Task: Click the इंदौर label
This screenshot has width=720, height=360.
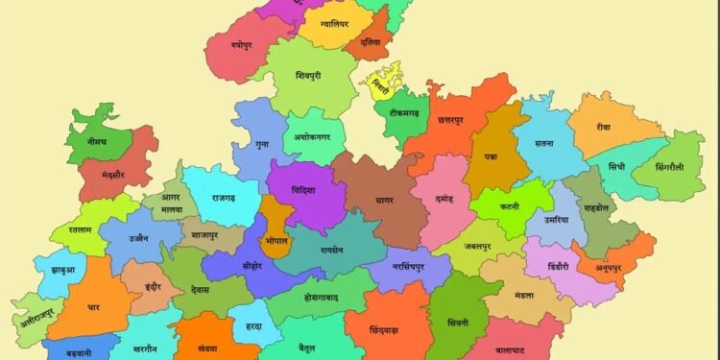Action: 153,285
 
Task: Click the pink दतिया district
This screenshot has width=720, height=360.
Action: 371,42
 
